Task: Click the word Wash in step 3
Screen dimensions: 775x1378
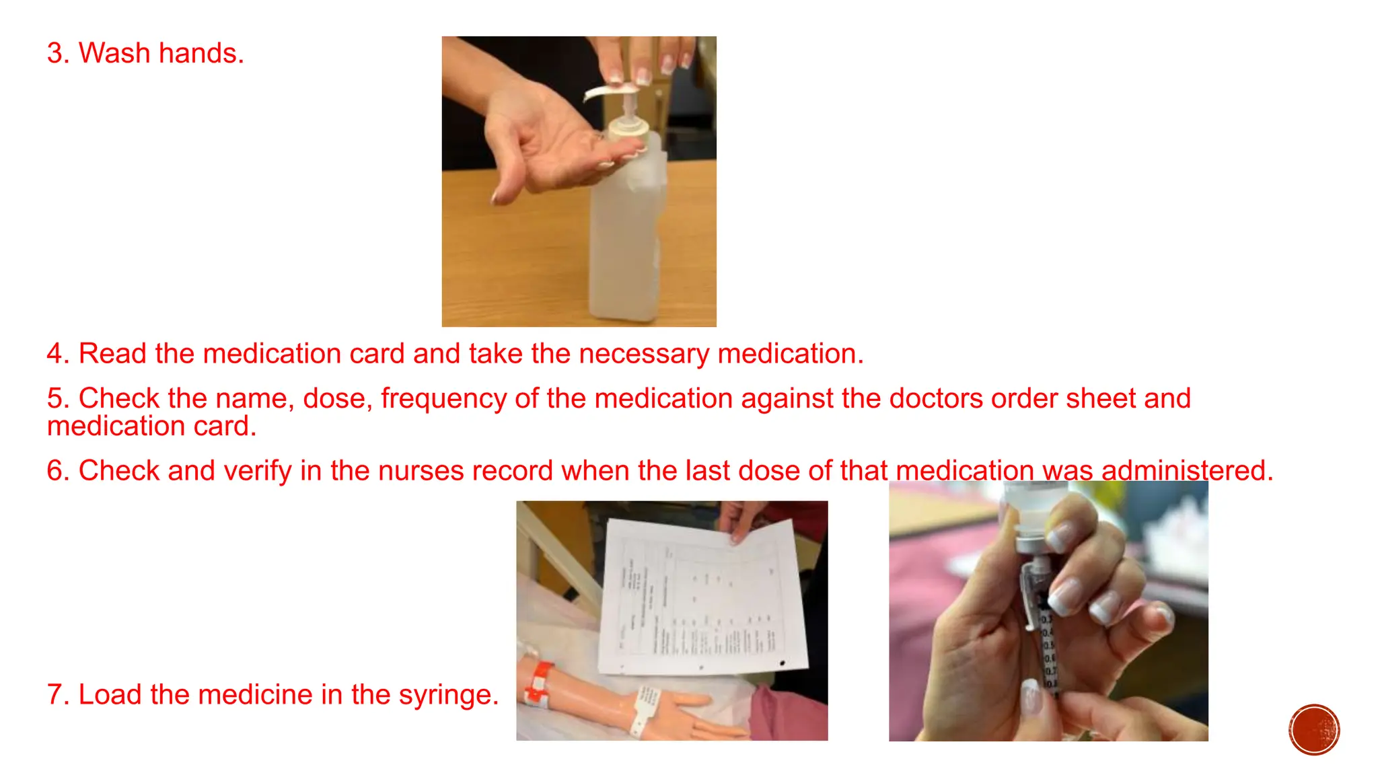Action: click(x=114, y=53)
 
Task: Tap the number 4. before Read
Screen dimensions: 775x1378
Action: click(x=58, y=354)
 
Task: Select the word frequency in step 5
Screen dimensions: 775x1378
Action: click(x=443, y=398)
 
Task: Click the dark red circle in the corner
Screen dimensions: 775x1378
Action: click(x=1314, y=730)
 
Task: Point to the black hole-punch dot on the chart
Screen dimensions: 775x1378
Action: click(x=782, y=663)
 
